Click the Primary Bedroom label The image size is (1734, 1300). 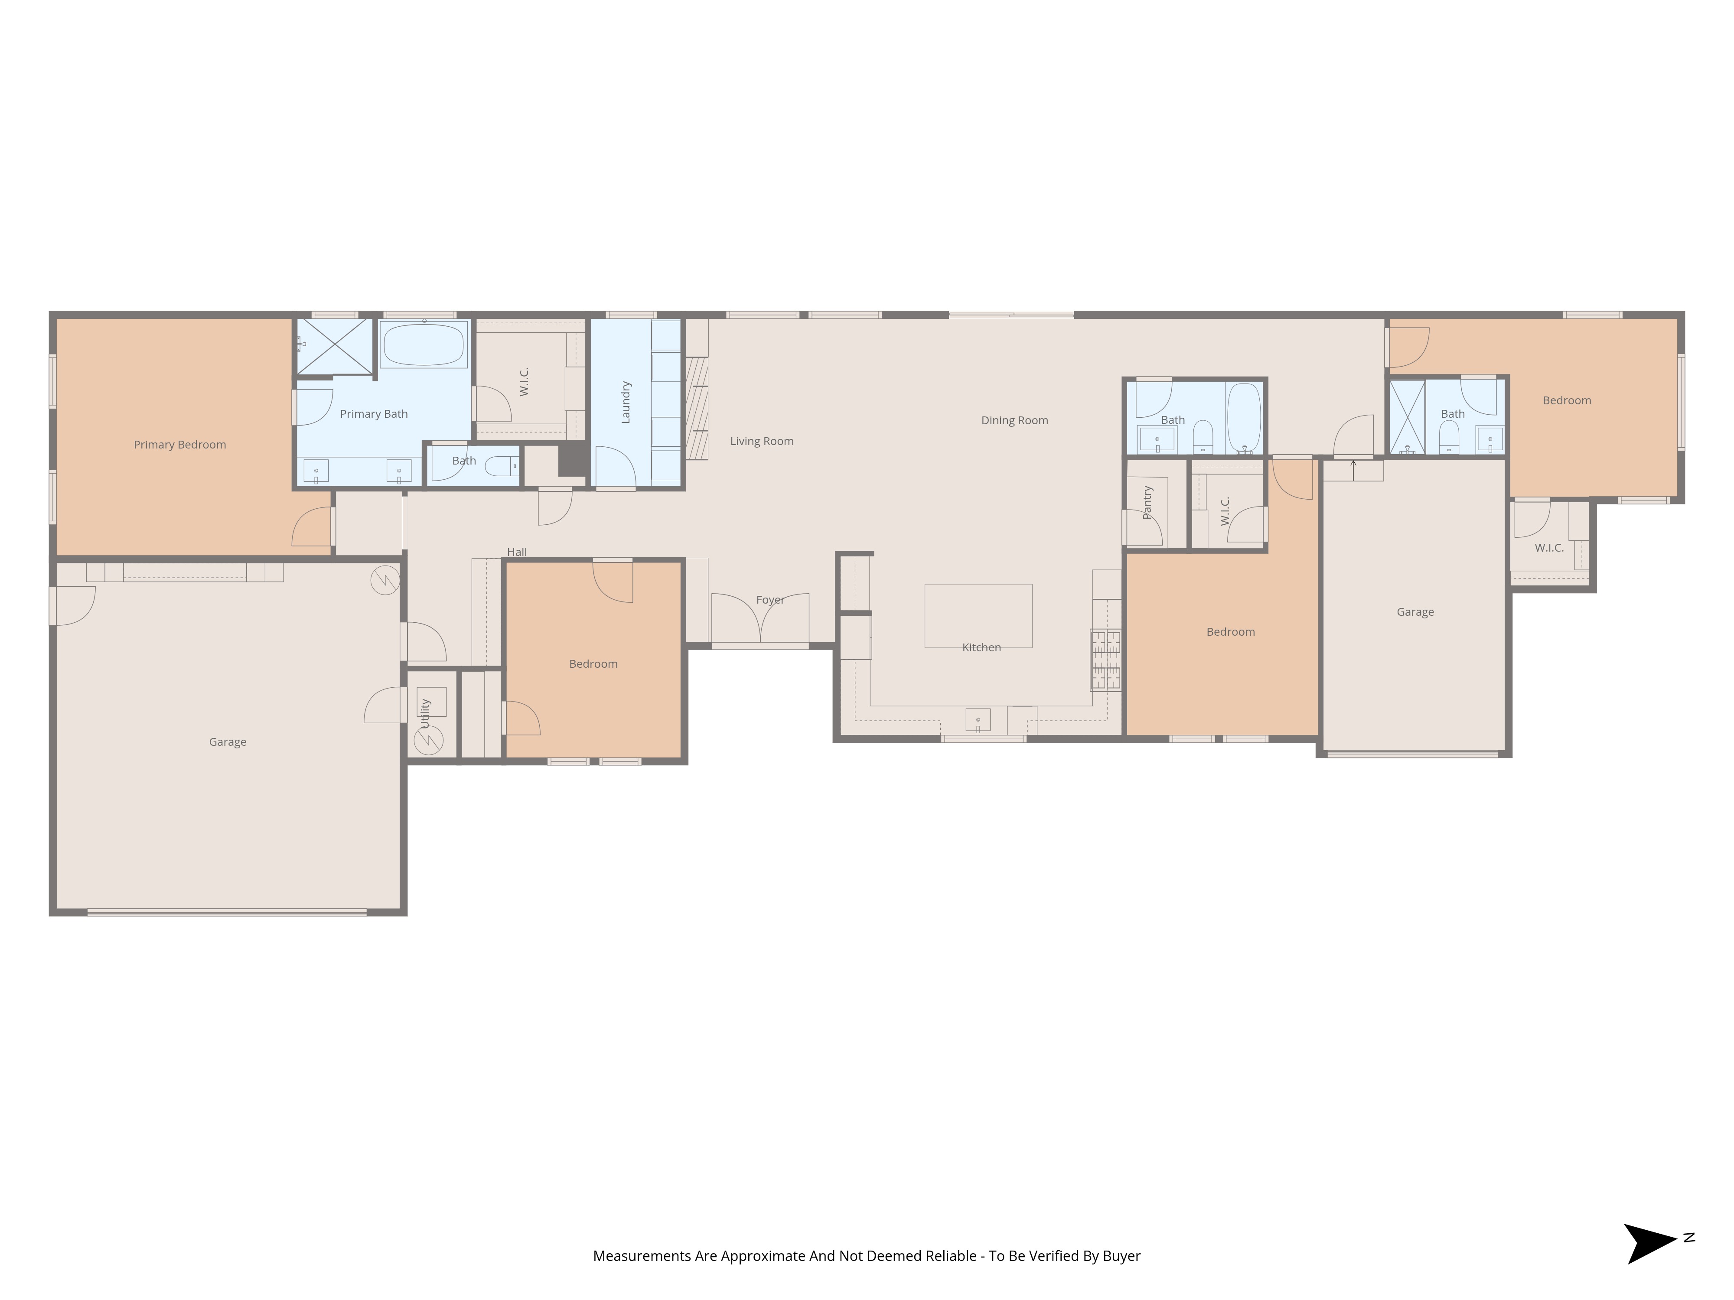pyautogui.click(x=179, y=444)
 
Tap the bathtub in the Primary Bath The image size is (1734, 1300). pyautogui.click(x=423, y=345)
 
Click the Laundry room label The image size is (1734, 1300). pyautogui.click(x=626, y=402)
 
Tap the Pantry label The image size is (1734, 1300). pyautogui.click(x=1147, y=502)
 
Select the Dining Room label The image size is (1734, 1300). pyautogui.click(x=1014, y=420)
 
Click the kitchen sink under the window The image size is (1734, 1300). pyautogui.click(x=978, y=719)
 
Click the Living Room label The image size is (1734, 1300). pyautogui.click(x=761, y=441)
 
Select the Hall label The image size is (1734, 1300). pyautogui.click(x=517, y=552)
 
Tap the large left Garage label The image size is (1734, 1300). pyautogui.click(x=227, y=741)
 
